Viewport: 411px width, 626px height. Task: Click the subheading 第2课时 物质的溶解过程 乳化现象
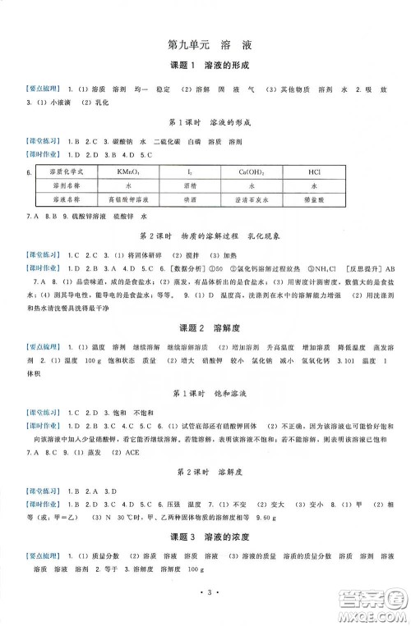click(x=205, y=235)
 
